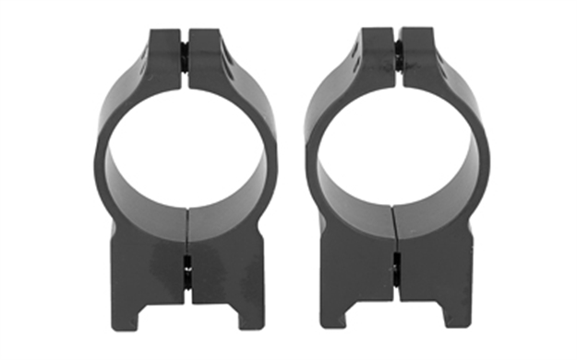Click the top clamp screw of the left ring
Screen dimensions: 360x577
tap(185, 55)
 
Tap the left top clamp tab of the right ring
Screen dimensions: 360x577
tap(376, 55)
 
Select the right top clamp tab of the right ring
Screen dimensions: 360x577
tap(419, 55)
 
